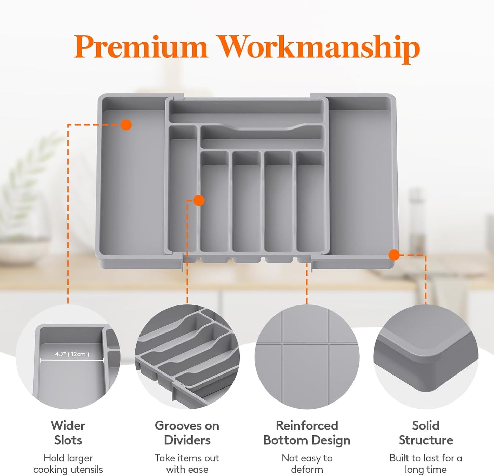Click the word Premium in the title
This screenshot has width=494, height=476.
coord(141,46)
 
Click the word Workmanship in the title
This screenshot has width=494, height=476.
coord(319,48)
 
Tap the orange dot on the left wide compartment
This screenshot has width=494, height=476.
coord(126,125)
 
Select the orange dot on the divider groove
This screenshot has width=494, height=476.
coord(199,200)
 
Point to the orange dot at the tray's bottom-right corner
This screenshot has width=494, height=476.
coord(394,255)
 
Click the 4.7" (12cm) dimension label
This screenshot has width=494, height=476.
coord(72,354)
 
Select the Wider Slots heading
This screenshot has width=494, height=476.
coord(68,433)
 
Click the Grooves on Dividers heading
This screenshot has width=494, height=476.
coord(187,433)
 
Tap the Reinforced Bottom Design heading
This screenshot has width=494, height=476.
coord(307,433)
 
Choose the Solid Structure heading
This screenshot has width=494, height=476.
coord(426,433)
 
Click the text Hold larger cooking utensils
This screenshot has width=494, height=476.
coord(68,463)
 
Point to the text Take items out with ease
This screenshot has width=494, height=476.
coord(187,463)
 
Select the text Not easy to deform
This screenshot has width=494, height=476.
coord(307,463)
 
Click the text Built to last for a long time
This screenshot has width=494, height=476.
coord(426,463)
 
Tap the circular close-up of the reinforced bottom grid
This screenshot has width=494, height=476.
coord(307,357)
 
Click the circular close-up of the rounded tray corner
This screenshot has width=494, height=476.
coord(426,357)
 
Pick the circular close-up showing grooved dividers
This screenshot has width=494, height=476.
coord(187,357)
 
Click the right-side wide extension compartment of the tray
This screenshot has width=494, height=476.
coord(361,181)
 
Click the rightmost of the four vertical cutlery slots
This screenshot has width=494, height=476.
coord(310,205)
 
